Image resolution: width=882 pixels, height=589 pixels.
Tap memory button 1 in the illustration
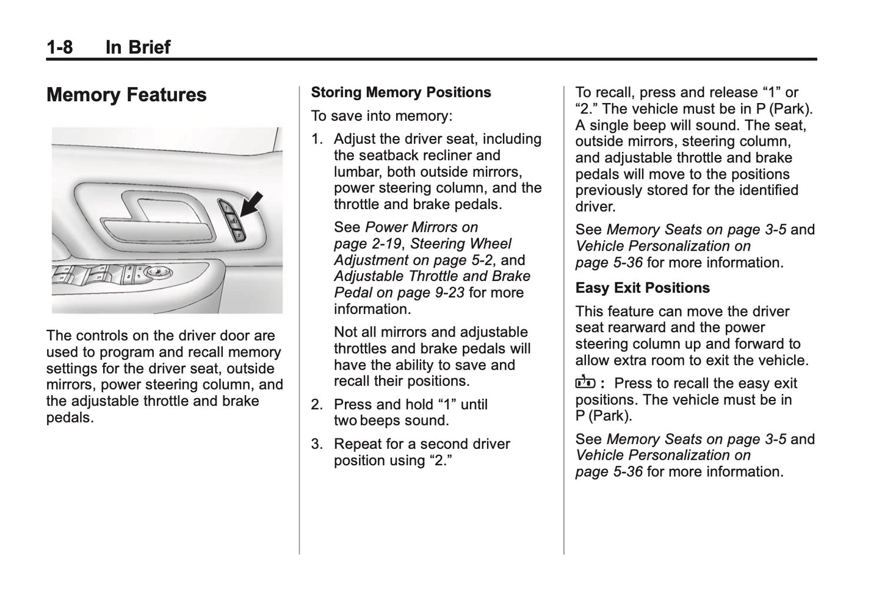226,209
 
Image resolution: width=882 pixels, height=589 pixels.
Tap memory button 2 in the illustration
239,235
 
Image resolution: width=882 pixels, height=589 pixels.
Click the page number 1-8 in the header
59,47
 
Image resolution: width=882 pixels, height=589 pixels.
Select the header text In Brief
138,47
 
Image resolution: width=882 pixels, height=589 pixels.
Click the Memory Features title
126,95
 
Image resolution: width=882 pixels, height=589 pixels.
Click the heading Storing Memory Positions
400,93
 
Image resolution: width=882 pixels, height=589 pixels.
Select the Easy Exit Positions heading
642,288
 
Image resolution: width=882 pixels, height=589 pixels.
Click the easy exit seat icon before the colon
585,383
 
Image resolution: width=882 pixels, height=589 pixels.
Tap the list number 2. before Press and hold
316,405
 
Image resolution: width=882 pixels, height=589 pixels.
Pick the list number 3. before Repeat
316,444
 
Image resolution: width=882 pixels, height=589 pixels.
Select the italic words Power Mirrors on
421,227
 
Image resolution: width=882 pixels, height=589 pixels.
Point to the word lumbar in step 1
357,172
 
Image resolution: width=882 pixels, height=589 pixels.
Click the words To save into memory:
381,116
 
